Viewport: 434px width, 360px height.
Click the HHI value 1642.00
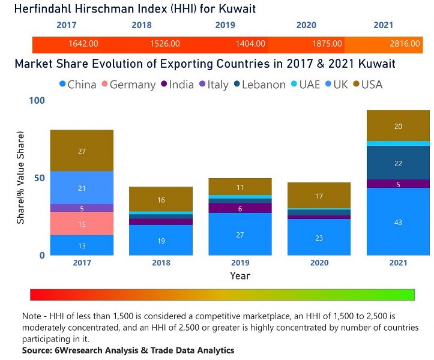(x=83, y=44)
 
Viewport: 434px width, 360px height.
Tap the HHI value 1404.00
(x=250, y=44)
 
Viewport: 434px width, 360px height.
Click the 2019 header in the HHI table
(x=226, y=25)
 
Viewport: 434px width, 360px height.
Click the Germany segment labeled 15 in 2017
(x=82, y=224)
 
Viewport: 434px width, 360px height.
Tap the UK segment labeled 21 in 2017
(x=82, y=188)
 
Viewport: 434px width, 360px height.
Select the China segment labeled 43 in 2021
(x=398, y=222)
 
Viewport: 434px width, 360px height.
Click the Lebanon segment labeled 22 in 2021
(x=398, y=163)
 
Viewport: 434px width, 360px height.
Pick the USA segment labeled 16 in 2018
(x=161, y=200)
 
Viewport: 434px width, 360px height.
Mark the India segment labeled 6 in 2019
(x=240, y=208)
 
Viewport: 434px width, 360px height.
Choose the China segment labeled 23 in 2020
(x=319, y=238)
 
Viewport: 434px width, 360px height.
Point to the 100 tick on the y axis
(x=37, y=101)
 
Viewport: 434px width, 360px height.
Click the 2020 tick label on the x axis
(x=319, y=263)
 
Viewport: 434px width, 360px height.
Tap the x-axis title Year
(x=240, y=276)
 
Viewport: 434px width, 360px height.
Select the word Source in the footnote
(x=39, y=350)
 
